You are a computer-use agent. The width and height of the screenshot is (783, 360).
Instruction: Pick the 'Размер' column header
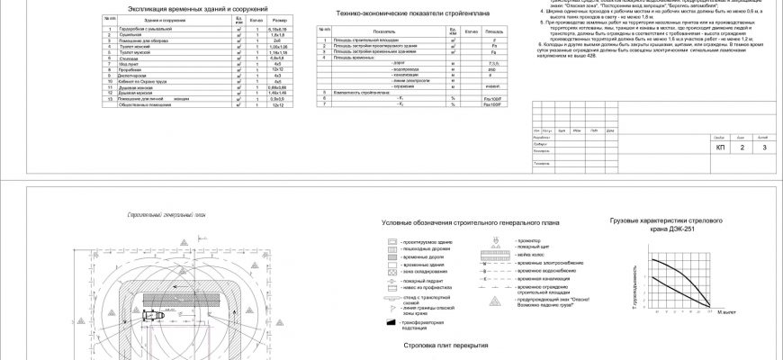(280, 18)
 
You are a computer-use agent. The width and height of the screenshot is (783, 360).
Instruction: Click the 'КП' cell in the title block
(719, 147)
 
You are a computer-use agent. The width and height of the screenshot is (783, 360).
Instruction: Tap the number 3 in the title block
(763, 147)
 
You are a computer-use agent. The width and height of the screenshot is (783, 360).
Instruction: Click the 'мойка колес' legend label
(531, 255)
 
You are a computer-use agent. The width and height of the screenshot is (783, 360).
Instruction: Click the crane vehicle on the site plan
(152, 317)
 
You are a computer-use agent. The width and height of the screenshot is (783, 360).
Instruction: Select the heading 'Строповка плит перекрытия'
(460, 345)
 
